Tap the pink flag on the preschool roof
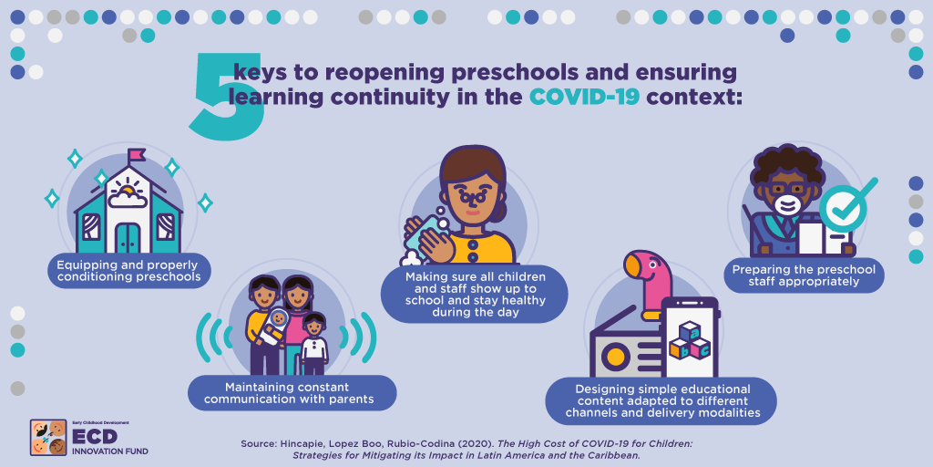click(137, 154)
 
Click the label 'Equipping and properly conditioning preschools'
click(129, 270)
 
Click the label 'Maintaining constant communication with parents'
click(292, 392)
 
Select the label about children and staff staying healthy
click(475, 295)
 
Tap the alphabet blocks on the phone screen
click(690, 341)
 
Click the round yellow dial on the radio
click(616, 358)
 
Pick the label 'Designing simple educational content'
click(661, 400)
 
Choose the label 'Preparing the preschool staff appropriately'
click(804, 275)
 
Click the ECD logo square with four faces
click(48, 438)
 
